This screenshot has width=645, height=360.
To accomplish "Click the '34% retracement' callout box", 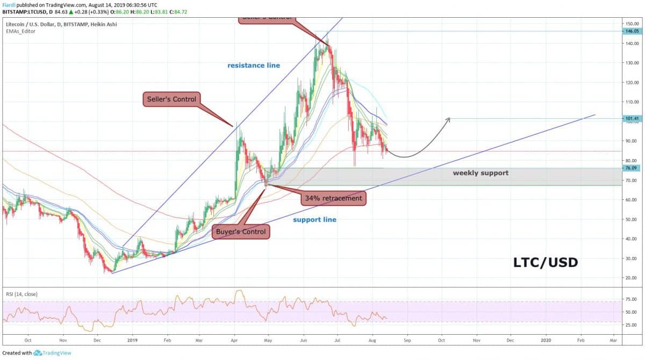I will coord(334,198).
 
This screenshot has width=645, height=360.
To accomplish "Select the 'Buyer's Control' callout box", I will coord(241,232).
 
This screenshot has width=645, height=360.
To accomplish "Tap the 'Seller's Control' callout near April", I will coord(172,99).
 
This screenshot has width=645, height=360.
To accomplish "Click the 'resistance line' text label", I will coord(253,66).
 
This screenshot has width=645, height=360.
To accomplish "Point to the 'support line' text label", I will coord(314,220).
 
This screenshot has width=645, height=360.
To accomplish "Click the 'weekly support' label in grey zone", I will coord(480,173).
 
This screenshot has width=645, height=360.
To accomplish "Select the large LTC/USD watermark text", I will coord(546,262).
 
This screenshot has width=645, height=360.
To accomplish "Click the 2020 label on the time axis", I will coord(546,340).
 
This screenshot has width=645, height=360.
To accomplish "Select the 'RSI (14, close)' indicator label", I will coord(22,294).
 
